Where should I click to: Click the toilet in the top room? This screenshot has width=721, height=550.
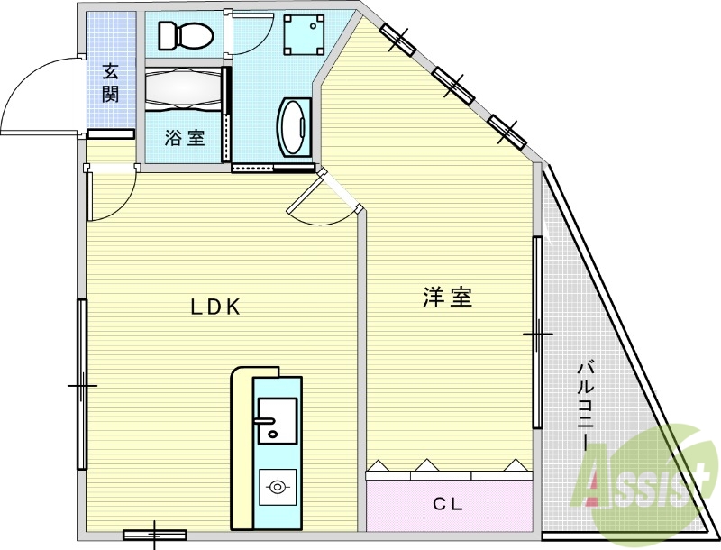click(185, 36)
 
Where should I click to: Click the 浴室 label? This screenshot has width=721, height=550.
click(184, 138)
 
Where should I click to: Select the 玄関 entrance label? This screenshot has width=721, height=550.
click(110, 82)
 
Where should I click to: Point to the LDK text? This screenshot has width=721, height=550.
click(214, 307)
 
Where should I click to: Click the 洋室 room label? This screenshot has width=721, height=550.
click(447, 298)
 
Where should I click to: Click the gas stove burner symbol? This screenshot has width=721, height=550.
click(278, 489)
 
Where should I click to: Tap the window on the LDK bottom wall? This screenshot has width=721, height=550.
click(154, 535)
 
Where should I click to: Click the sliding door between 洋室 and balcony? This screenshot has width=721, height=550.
click(538, 334)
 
